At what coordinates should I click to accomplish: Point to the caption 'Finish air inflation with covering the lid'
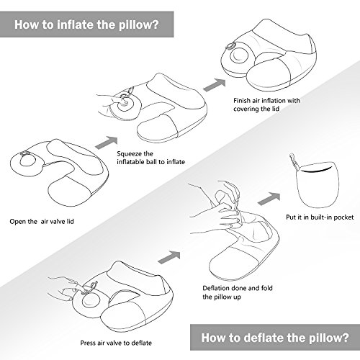(267, 105)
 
